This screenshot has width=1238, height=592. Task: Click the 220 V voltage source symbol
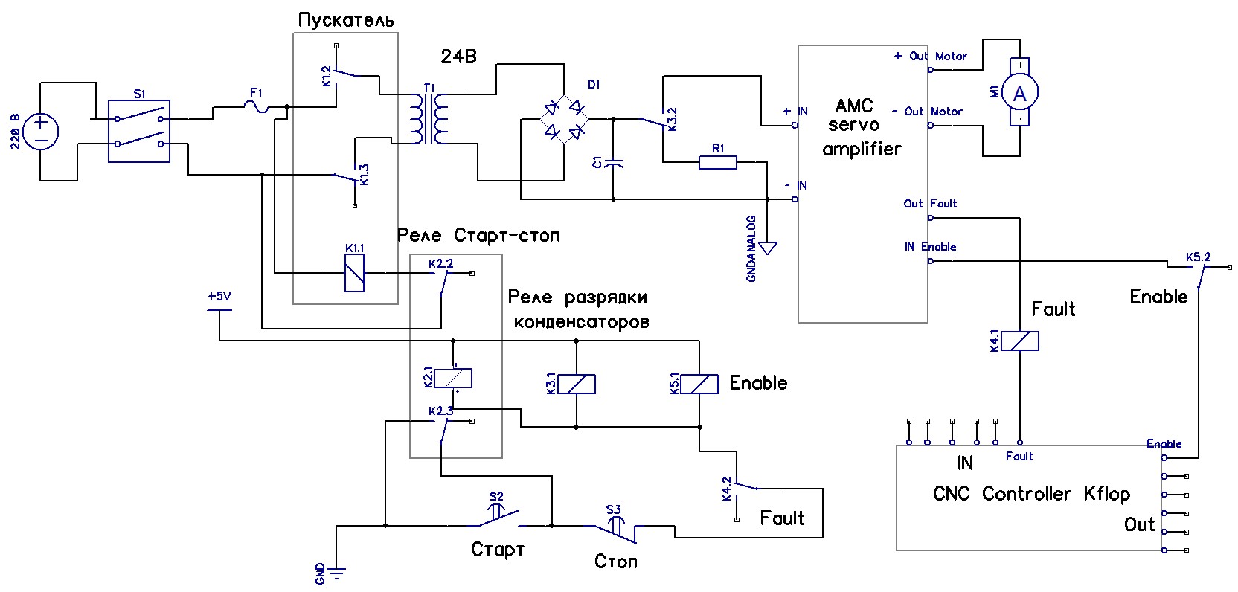click(41, 131)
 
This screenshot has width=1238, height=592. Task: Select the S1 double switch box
click(139, 131)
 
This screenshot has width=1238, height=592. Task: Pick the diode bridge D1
click(564, 119)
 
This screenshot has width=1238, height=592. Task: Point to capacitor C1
click(613, 163)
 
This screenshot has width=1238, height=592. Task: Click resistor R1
click(717, 162)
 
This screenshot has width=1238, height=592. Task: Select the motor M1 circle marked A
click(1019, 94)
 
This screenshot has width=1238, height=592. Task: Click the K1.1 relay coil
click(355, 274)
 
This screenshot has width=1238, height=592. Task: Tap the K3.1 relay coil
click(577, 384)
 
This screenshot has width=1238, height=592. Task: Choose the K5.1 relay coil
click(699, 384)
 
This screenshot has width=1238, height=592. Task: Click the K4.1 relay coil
click(1019, 341)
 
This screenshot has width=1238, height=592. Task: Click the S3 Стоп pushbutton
click(614, 528)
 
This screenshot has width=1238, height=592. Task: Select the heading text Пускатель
click(346, 20)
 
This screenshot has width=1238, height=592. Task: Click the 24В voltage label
click(458, 57)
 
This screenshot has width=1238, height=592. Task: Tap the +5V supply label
click(219, 297)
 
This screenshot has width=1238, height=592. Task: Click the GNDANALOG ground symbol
click(768, 247)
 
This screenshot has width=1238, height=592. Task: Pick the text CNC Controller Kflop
click(1031, 494)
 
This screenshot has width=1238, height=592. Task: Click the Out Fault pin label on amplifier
click(930, 203)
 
